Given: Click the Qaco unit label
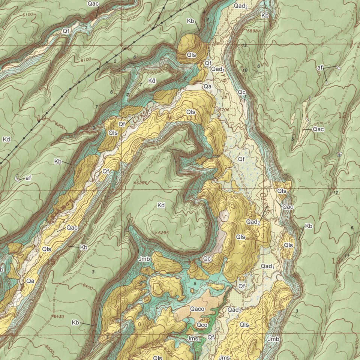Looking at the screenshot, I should click(x=197, y=309).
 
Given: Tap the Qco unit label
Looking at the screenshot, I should click(x=202, y=325).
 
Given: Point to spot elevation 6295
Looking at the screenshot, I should click(x=162, y=233).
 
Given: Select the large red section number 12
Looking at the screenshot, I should click(x=342, y=115).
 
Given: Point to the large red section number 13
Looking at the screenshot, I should click(x=337, y=260).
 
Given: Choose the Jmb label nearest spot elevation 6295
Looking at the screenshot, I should click(x=144, y=259).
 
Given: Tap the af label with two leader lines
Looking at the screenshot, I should click(x=319, y=68).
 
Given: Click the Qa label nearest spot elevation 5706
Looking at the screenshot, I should click(x=208, y=86).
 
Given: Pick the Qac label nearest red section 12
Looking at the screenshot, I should click(x=318, y=129).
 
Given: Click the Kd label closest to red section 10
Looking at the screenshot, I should click(x=6, y=139).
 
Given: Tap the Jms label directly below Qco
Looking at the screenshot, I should click(x=192, y=339).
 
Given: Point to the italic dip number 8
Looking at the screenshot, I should click(x=185, y=78).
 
